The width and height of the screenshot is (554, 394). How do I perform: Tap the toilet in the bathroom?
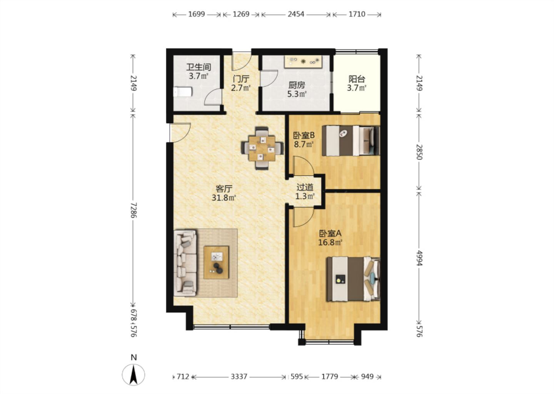coord(182,92)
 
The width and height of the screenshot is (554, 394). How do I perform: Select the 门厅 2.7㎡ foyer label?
coord(241,83)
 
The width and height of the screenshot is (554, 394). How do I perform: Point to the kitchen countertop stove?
coord(303,62)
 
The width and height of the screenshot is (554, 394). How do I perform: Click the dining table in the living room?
coord(262,149)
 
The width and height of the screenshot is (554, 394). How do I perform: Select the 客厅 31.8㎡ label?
coord(224,193)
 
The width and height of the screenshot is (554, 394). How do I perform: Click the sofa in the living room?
coord(185,263)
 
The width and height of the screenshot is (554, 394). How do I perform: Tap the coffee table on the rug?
coord(216,262)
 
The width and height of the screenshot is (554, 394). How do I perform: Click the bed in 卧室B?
coord(350,141)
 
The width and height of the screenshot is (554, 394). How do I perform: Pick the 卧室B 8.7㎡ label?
coord(304,140)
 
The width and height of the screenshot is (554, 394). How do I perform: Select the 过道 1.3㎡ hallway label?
coord(305,192)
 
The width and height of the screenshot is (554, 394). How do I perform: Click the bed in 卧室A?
coord(353,279)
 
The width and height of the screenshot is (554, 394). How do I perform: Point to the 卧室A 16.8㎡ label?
coord(330,238)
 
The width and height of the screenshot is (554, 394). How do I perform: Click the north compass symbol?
coord(133,371)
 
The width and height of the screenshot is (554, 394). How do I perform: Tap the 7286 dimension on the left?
coord(133,210)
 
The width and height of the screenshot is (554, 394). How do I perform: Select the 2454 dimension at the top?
coord(296,14)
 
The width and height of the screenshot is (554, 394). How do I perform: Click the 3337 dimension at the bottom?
coord(239,377)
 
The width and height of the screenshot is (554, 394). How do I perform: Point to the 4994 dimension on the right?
coord(419,258)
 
